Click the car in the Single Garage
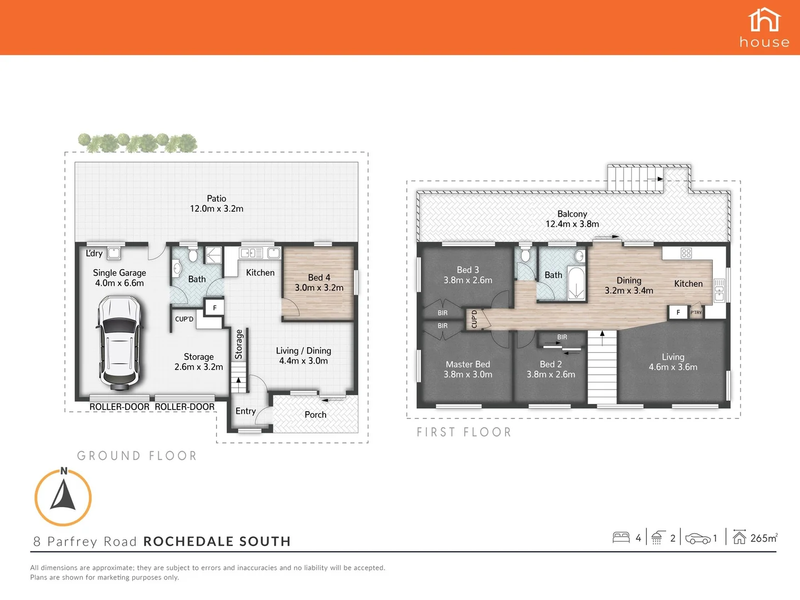pyautogui.click(x=119, y=343)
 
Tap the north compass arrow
pyautogui.click(x=63, y=496)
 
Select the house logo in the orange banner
pyautogui.click(x=764, y=27)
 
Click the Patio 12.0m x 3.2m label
pyautogui.click(x=217, y=204)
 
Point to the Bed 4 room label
pyautogui.click(x=319, y=282)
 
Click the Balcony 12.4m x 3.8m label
pyautogui.click(x=572, y=219)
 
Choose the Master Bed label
pyautogui.click(x=468, y=369)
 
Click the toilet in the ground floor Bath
pyautogui.click(x=193, y=256)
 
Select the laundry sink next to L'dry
pyautogui.click(x=114, y=253)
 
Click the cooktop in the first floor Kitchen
pyautogui.click(x=686, y=253)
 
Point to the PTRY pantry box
pyautogui.click(x=696, y=313)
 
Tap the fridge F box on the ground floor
pyautogui.click(x=214, y=308)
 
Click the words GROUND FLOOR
pyautogui.click(x=137, y=456)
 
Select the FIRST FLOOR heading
pyautogui.click(x=464, y=432)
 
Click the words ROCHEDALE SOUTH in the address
pyautogui.click(x=217, y=542)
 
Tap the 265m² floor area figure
pyautogui.click(x=764, y=538)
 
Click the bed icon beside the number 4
pyautogui.click(x=621, y=537)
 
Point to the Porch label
pyautogui.click(x=316, y=414)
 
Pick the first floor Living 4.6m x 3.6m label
pyautogui.click(x=673, y=362)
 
